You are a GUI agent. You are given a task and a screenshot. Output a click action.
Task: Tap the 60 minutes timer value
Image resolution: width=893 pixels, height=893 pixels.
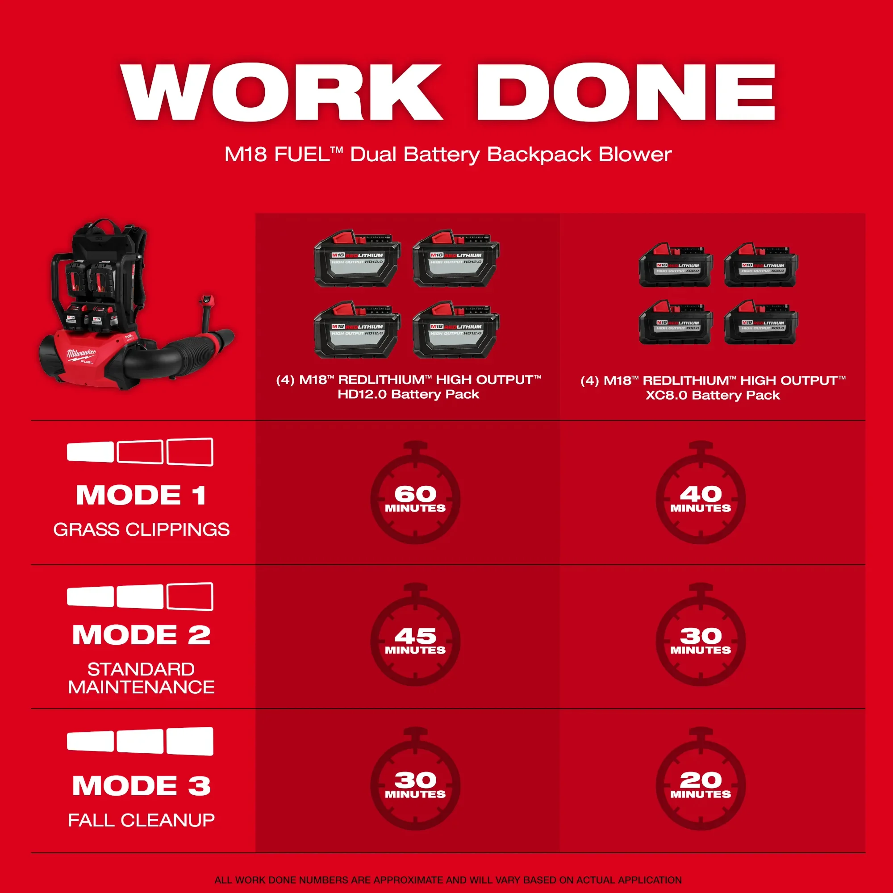415,498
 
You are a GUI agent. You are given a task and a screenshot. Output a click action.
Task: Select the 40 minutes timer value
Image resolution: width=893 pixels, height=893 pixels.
701,498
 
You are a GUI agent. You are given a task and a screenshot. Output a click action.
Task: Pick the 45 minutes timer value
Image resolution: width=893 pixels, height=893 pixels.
415,640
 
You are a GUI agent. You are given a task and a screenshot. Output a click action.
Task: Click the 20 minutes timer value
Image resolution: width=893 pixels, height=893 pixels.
701,785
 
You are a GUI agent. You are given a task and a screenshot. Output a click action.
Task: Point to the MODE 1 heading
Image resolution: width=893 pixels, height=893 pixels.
141,495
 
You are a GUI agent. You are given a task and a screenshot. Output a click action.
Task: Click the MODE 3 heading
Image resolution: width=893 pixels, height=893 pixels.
141,785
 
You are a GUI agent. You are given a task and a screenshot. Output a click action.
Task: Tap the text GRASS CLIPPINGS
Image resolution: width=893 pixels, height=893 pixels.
141,530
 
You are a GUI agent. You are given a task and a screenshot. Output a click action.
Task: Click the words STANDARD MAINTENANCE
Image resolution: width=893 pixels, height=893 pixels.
141,678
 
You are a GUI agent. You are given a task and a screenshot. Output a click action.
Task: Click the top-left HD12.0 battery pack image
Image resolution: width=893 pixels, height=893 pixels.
357,259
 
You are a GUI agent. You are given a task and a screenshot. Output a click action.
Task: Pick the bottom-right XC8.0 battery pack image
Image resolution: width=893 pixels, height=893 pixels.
761,322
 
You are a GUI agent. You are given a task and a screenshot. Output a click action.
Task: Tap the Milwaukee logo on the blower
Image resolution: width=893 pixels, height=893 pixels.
81,355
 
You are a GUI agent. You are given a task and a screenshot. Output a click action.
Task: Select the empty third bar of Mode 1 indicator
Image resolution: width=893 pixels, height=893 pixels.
189,451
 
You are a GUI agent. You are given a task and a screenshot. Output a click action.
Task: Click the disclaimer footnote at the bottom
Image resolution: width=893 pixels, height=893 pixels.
447,880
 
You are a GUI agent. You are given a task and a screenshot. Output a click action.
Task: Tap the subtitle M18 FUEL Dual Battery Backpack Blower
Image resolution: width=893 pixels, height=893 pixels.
447,154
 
